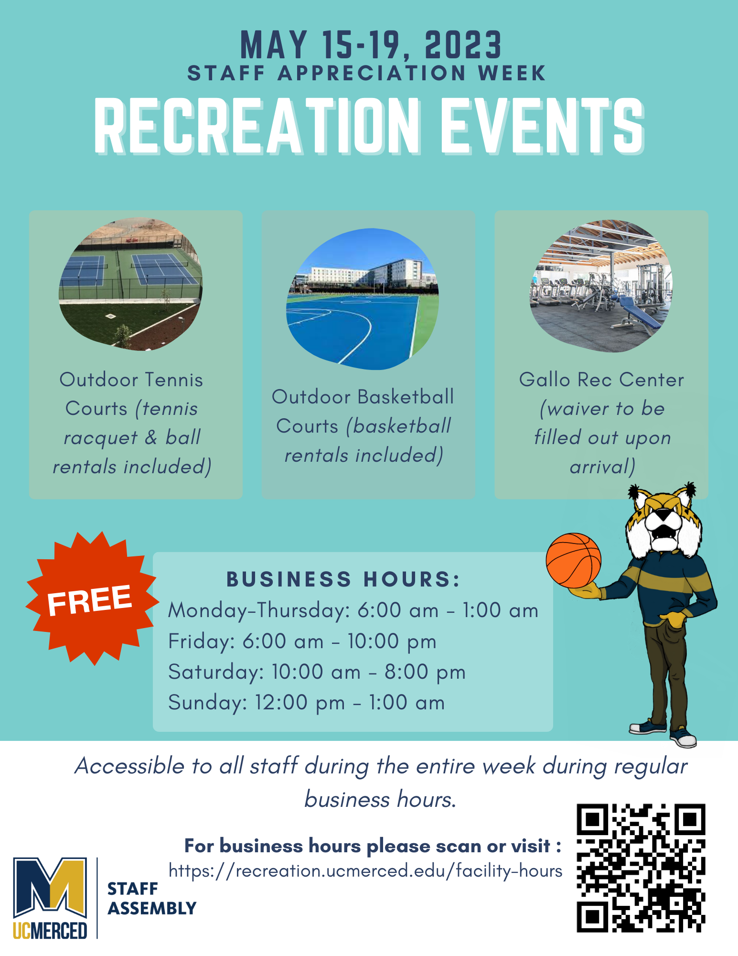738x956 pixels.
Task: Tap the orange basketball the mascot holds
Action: (x=573, y=560)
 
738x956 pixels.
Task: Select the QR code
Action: (x=641, y=868)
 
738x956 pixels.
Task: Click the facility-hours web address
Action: (x=365, y=871)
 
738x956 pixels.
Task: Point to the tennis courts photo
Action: (x=130, y=284)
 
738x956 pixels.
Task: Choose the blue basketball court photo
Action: (x=363, y=299)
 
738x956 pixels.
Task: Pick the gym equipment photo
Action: (x=601, y=286)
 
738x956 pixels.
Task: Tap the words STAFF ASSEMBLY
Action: (x=152, y=899)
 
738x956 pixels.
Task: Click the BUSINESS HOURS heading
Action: (x=343, y=579)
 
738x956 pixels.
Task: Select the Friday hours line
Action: (x=302, y=641)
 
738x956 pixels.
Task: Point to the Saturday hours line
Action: (x=317, y=672)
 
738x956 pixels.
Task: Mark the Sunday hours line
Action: (x=307, y=703)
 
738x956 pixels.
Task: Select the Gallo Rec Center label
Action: (x=601, y=380)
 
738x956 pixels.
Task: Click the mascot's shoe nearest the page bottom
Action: (x=684, y=739)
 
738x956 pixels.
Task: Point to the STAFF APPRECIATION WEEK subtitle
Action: (x=367, y=74)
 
